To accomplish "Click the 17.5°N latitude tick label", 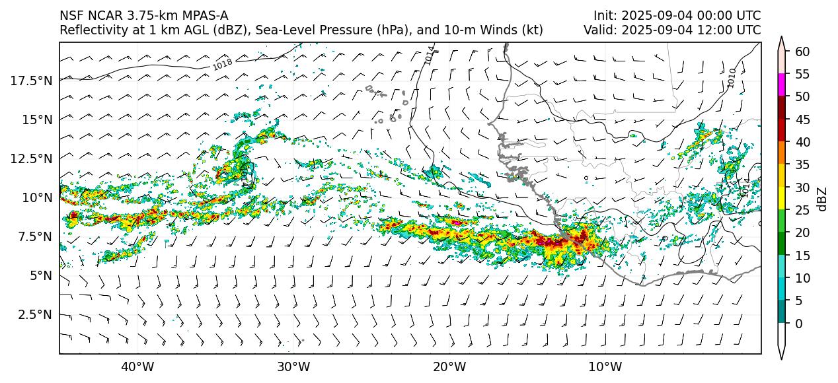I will point(32,81).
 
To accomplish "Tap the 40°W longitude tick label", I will point(137,366).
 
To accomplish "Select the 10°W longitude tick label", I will point(605,366).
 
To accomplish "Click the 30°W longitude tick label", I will point(293,366).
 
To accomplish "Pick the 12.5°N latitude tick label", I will point(32,158).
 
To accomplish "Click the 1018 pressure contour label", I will point(222,64).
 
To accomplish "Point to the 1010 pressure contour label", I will point(730,77).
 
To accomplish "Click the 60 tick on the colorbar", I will point(802,52).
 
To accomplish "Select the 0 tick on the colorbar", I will point(798,324).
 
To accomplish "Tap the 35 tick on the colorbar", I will point(802,165).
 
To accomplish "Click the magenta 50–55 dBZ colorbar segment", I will point(782,85).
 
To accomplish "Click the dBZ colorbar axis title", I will point(822,199).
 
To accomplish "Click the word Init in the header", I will point(604,16).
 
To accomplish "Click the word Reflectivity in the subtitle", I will point(92,30).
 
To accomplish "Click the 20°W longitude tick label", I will point(449,366).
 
